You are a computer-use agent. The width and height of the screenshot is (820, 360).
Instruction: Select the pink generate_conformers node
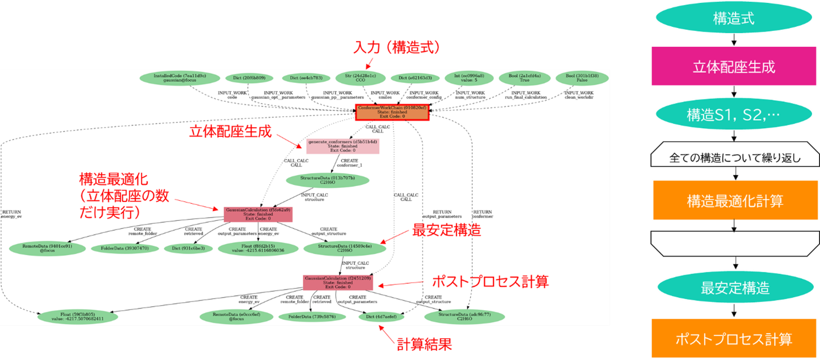(342, 146)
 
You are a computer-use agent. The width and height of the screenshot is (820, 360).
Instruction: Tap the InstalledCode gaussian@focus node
(180, 78)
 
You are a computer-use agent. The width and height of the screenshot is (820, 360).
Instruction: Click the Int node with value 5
(464, 78)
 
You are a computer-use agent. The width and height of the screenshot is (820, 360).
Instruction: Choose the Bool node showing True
(525, 78)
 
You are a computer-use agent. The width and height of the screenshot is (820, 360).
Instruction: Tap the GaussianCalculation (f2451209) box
(337, 282)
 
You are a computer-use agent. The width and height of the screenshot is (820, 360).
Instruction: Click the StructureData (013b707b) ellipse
(327, 180)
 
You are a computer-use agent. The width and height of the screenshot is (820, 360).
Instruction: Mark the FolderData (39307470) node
(125, 249)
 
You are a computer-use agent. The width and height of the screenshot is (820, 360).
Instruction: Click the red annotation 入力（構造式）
(397, 48)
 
